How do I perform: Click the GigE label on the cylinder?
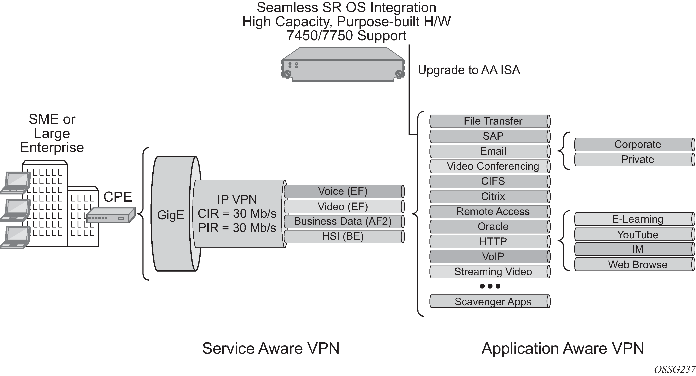171,215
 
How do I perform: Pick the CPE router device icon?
111,215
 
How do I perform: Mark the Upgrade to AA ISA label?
469,70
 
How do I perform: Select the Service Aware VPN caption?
271,348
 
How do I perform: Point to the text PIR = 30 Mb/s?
237,228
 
